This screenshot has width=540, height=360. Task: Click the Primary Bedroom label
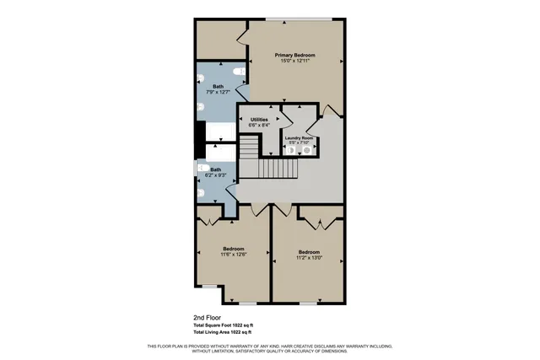(294, 55)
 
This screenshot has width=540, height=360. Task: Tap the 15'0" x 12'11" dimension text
(294, 61)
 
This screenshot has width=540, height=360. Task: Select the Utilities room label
(259, 120)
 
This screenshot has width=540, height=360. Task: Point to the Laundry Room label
(299, 137)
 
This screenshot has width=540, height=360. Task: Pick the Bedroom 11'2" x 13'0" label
(310, 254)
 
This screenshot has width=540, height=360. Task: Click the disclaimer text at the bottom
(269, 349)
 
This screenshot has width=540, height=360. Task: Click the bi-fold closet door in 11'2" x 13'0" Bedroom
(321, 222)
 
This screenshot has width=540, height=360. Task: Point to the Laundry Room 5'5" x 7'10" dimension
(299, 143)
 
